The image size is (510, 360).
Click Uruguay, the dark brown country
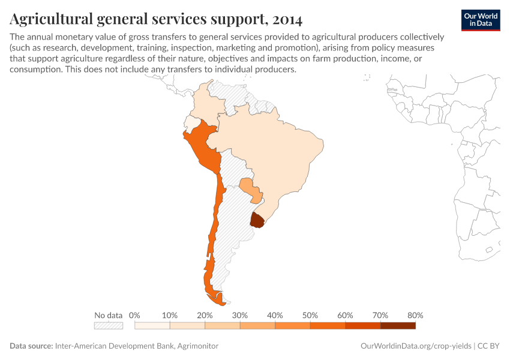(x=257, y=220)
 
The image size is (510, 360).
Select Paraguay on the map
(x=250, y=188)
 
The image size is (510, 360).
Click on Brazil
(x=270, y=150)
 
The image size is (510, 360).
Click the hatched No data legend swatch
(x=108, y=326)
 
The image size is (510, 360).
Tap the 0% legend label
(x=134, y=315)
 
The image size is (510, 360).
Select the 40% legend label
(x=275, y=315)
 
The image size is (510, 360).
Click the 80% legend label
(x=415, y=315)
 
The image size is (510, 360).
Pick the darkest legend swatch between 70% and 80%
(x=398, y=326)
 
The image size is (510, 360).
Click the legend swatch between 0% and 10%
(x=152, y=326)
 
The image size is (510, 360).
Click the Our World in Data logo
(x=481, y=19)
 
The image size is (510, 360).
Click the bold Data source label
(x=31, y=346)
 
